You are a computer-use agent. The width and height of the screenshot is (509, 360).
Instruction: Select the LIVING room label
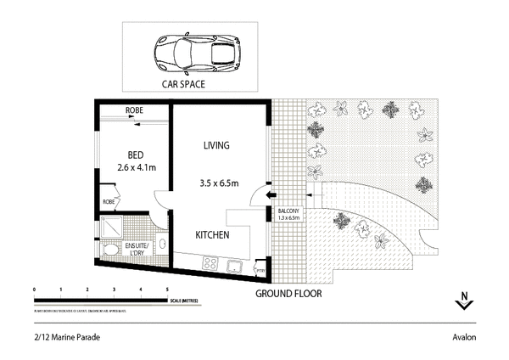[x=217, y=145]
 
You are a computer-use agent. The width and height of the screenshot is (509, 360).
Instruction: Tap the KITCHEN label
[x=212, y=235]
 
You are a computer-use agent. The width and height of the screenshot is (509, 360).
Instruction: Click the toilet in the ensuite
[x=111, y=250]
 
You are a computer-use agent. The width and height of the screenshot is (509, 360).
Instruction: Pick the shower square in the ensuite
[x=111, y=226]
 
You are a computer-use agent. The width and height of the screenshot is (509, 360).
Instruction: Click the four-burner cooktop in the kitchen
[x=208, y=265]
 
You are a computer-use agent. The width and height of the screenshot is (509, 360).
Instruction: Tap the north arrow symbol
[x=463, y=301]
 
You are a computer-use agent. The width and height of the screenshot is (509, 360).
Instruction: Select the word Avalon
[x=463, y=337]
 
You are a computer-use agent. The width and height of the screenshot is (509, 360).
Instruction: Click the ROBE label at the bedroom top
[x=134, y=110]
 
